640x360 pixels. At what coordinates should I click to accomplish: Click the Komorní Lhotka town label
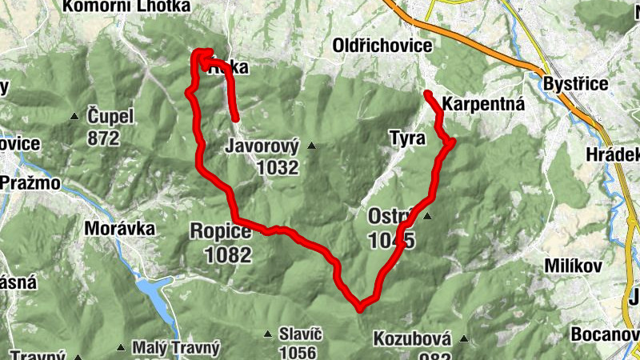coord(126,7)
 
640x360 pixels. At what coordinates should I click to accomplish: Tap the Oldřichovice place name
coord(382,46)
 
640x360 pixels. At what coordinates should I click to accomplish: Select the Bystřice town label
coord(575,84)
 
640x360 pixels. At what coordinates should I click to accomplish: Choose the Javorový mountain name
coord(262,147)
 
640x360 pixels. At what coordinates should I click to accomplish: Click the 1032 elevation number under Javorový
coord(278,168)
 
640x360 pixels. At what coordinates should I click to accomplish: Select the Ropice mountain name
coord(220,232)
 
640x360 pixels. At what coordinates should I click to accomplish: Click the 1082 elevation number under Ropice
coord(228,256)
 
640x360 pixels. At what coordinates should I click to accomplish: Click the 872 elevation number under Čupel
coord(104,138)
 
